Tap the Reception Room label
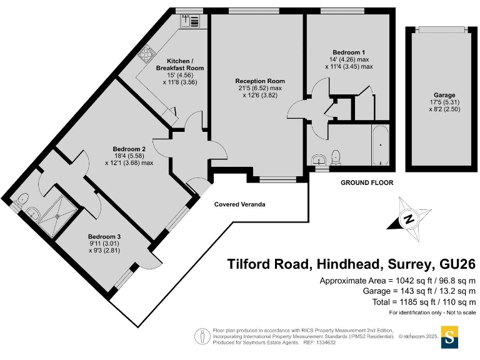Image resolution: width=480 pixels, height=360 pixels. [x=260, y=81]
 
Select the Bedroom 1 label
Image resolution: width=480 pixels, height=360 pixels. [x=349, y=52]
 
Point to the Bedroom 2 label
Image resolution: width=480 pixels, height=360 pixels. [x=129, y=149]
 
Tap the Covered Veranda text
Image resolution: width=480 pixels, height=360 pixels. [x=240, y=204]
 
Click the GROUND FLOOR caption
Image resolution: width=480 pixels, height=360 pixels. [x=367, y=183]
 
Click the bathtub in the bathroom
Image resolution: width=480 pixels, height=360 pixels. [x=379, y=144]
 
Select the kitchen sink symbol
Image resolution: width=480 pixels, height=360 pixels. [x=191, y=21]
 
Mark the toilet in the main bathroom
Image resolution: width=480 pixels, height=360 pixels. [x=336, y=156]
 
